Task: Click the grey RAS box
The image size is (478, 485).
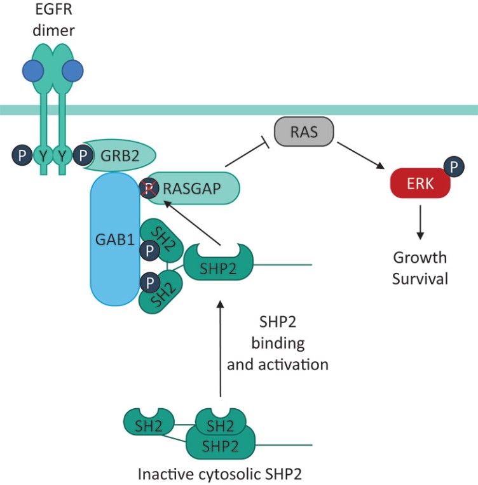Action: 304,132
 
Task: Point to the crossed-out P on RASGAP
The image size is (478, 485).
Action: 149,188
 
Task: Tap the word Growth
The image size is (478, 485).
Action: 420,258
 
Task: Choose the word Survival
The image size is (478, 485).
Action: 420,279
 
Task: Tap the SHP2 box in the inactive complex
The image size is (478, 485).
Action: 219,443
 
